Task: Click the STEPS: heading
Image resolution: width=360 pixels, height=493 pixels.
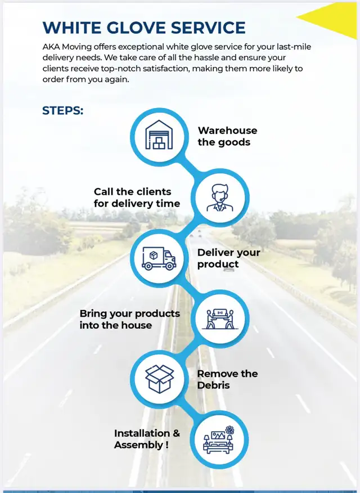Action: click(63, 111)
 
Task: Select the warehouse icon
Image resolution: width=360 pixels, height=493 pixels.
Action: click(159, 135)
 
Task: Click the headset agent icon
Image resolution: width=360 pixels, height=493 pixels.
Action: click(220, 198)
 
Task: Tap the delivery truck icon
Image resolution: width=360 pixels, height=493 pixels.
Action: click(159, 258)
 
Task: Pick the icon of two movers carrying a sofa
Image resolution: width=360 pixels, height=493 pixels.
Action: click(220, 319)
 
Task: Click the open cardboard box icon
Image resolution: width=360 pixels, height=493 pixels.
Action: click(159, 379)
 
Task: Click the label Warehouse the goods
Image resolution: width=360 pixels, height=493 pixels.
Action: click(227, 136)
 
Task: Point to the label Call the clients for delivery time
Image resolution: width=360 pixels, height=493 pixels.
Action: click(137, 198)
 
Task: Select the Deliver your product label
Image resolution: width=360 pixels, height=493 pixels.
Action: click(229, 258)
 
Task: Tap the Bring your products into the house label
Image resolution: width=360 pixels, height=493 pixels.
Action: click(130, 319)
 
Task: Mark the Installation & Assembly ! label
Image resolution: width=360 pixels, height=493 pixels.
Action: click(147, 439)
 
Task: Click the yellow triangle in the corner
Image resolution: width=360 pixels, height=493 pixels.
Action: click(333, 19)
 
